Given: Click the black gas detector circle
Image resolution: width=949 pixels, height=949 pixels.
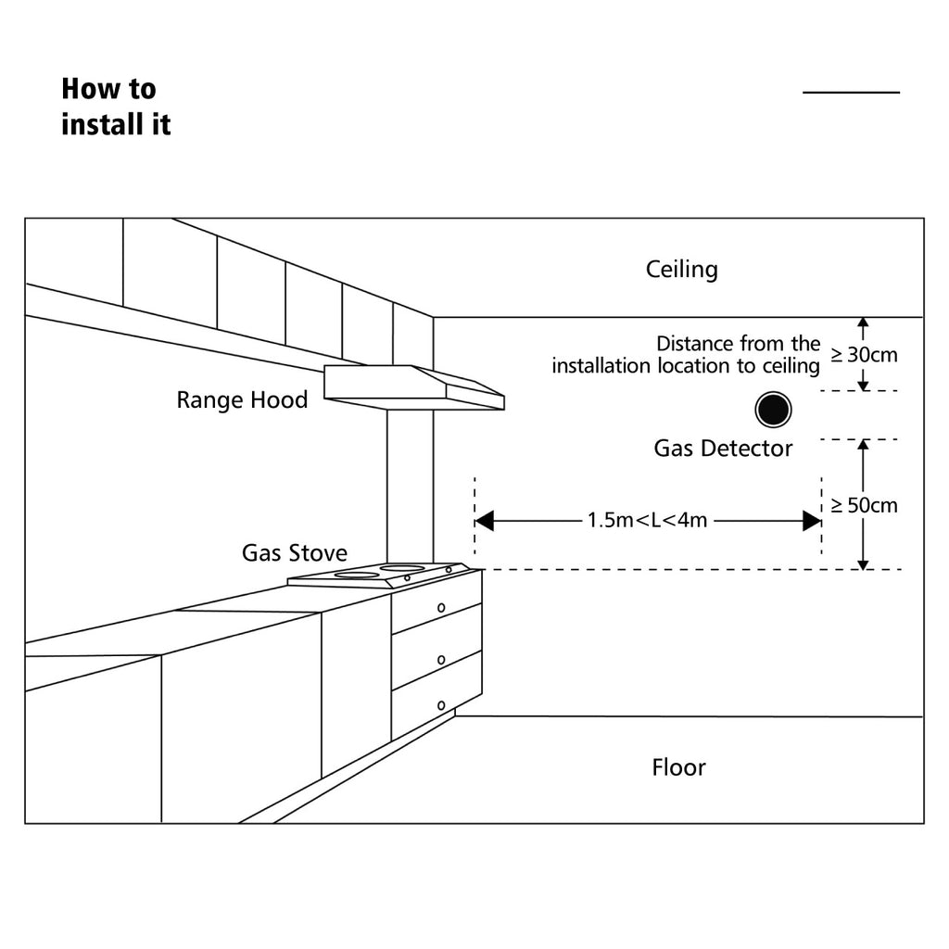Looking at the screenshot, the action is pos(773,410).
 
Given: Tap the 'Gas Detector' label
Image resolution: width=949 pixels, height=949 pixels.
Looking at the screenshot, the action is pos(723,449).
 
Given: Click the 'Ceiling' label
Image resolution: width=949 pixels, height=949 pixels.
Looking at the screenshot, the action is pos(681,270).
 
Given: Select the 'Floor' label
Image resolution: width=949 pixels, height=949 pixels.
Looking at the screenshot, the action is pos(678,767).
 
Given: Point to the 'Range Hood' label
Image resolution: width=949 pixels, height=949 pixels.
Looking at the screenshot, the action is pos(242,400).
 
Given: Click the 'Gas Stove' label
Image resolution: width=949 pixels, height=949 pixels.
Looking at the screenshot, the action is pos(294,552).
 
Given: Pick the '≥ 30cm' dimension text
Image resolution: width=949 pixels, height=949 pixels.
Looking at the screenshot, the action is pos(865,355).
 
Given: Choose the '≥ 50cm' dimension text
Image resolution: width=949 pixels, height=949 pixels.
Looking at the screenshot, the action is pos(865,505).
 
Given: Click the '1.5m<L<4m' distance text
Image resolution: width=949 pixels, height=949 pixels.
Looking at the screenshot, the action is pos(647,521).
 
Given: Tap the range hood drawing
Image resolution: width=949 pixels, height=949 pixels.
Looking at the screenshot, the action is pos(414,387).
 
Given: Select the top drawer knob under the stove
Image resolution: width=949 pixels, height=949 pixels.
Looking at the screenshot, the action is pos(441,608).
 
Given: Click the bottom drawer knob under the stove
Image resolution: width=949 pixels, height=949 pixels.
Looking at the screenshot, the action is pos(441,705).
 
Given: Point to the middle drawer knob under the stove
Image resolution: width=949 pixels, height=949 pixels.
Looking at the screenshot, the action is pos(441,660).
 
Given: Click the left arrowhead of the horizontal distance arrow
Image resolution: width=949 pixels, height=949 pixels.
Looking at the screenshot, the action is pos(484,521).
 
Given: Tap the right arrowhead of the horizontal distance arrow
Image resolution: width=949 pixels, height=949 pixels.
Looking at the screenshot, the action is pos(812,521).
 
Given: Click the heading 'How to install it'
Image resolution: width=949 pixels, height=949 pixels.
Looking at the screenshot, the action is pos(116,107).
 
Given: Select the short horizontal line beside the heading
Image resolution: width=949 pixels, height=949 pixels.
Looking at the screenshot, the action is pos(851,92).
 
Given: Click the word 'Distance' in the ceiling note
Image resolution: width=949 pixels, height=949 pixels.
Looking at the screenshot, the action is pos(695,344).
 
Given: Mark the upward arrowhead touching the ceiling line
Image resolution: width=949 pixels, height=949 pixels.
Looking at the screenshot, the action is pos(863,323).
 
